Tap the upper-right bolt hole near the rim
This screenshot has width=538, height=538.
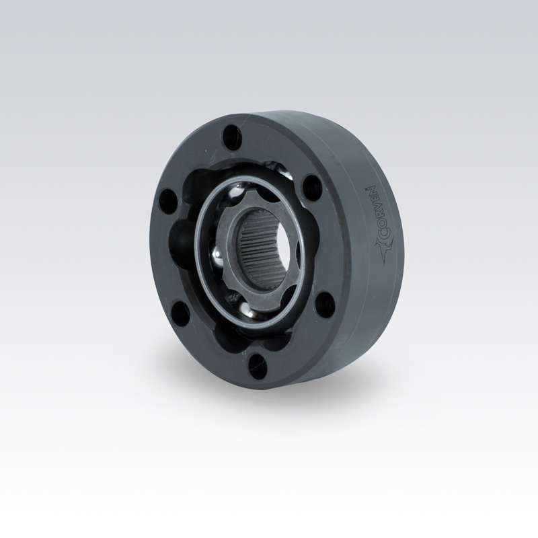click(311, 186)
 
